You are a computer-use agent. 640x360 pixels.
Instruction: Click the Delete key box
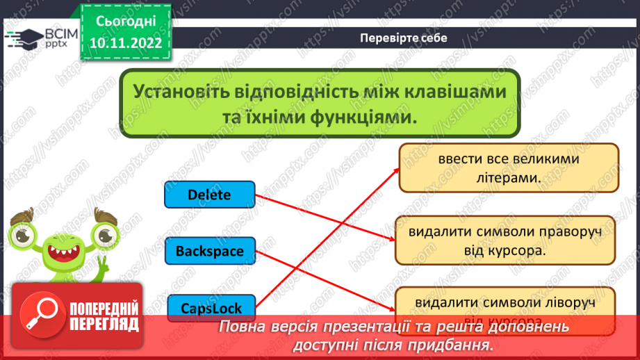(209, 195)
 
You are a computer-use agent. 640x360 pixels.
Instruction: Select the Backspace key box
(209, 250)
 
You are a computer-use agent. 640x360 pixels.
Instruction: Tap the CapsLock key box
(209, 306)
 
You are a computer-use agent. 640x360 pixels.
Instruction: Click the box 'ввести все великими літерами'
(509, 168)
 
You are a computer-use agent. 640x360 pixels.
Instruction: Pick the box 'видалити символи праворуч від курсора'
(505, 240)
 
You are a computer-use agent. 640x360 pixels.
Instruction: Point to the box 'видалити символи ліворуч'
(505, 304)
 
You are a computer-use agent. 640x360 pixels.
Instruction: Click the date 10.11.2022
(126, 42)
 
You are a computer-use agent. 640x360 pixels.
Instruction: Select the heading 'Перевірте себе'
(404, 38)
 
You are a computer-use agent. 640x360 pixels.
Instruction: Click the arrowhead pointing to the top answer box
(395, 169)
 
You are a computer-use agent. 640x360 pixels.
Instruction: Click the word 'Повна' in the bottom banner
(241, 327)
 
